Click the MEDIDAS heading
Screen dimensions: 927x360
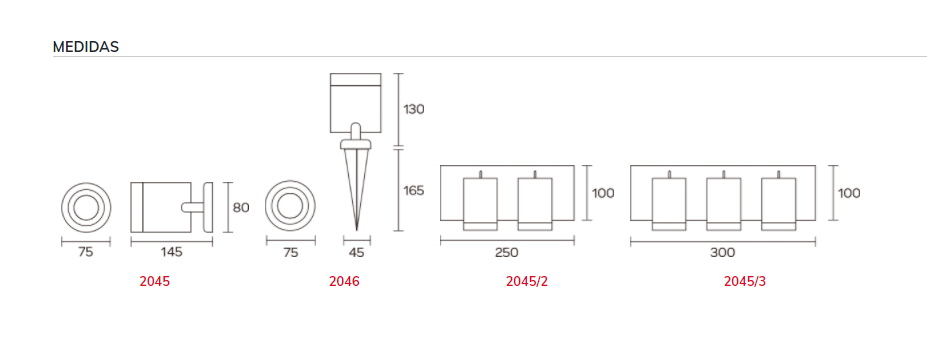pos(86,47)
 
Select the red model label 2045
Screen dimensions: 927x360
pos(154,281)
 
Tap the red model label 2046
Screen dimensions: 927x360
pos(344,281)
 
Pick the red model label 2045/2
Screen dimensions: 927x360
pos(527,281)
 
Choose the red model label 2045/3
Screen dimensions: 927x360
pos(745,281)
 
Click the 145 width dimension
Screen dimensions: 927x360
pos(171,252)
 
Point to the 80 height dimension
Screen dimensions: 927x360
pos(241,207)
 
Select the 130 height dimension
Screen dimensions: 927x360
pos(414,109)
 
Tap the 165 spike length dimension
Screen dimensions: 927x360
pos(414,191)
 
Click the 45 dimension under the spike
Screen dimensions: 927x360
pos(357,252)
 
